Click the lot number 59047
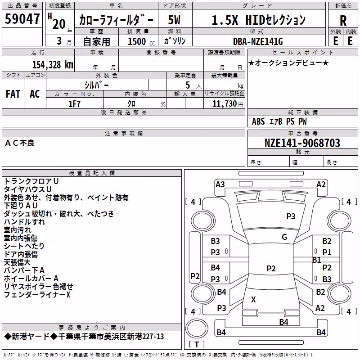pos(22,19)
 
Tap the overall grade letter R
pos(343,21)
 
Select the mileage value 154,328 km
pos(53,64)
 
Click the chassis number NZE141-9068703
pos(302,143)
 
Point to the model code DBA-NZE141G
pos(258,41)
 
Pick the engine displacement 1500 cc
pos(141,41)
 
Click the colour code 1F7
pos(74,104)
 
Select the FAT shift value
pos(13,94)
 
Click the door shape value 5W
pos(174,20)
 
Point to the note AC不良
pos(20,143)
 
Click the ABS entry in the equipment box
pos(258,121)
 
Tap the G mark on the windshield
pos(284,237)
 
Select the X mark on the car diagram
pos(253,299)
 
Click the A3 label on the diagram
pos(220,184)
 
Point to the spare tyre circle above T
pos(197,328)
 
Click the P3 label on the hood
pos(291,216)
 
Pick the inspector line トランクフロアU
pos(31,181)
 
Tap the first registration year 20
pos(59,24)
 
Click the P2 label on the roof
pos(271,268)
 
